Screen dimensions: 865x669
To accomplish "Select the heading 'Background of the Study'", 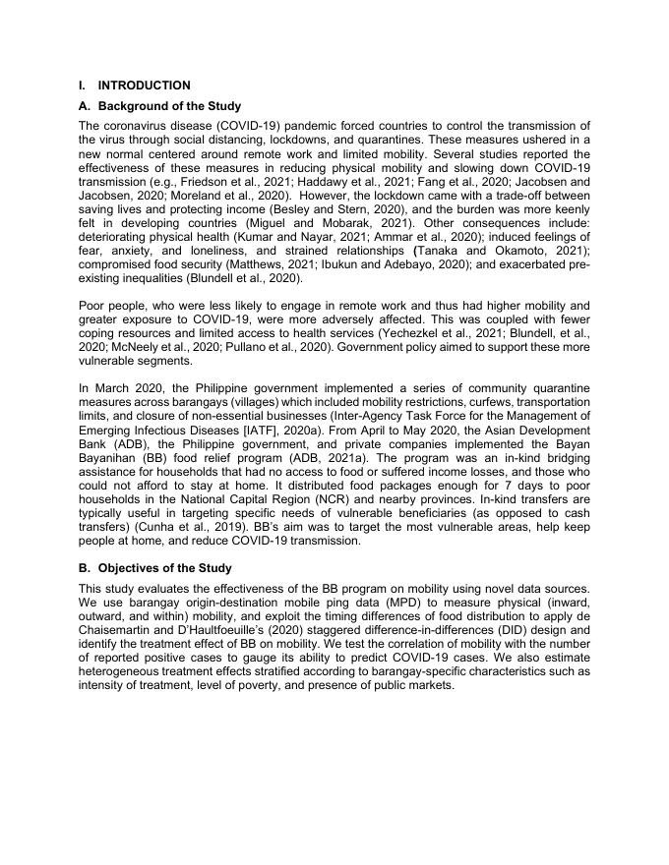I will coord(169,106).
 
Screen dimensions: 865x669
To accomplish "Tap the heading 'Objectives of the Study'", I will coord(164,568).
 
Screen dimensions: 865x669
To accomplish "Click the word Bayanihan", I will coord(109,458).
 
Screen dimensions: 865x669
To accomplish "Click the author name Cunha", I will coord(142,527).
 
